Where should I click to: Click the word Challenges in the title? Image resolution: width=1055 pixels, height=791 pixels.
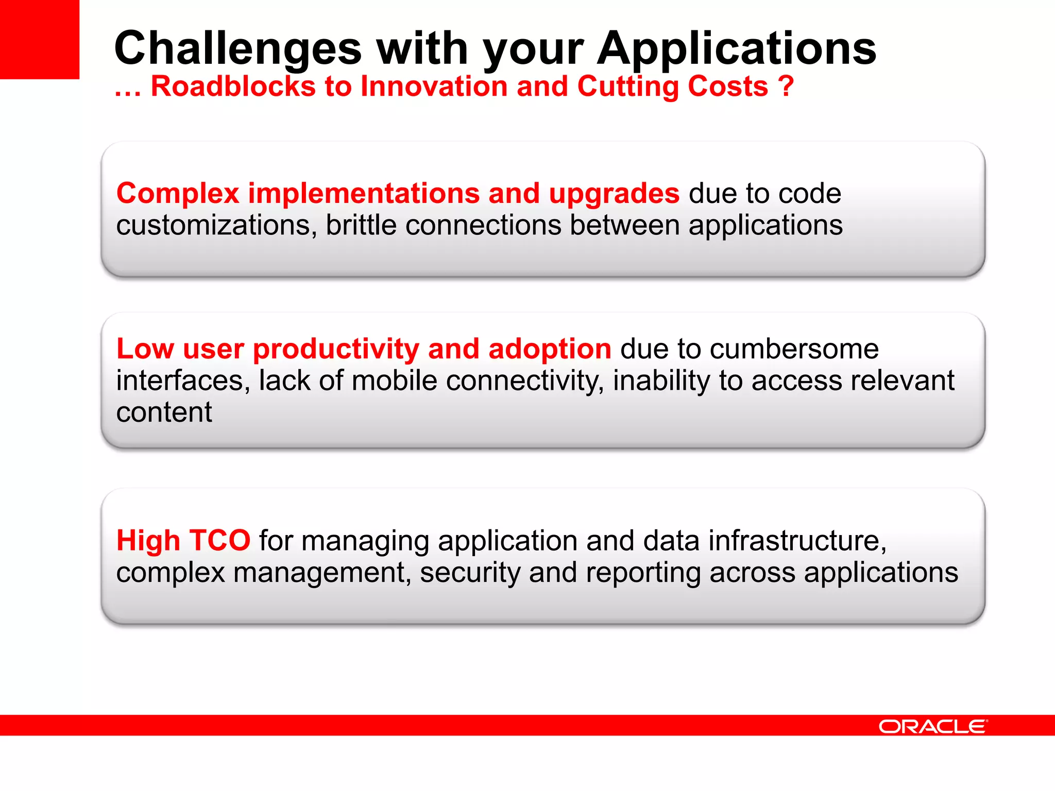238,49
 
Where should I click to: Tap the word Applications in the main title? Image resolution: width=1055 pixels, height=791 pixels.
737,49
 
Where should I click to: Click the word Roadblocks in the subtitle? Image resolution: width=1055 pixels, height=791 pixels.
233,86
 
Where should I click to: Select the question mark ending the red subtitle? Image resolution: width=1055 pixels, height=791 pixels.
786,86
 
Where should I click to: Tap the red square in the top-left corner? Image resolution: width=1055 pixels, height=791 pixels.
39,39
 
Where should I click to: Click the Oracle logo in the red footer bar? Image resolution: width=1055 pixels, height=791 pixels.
932,727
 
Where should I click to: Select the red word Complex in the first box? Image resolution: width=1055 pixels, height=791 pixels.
178,194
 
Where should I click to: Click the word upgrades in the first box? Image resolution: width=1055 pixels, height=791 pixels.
614,194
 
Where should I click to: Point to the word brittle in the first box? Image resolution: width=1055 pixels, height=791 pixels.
361,226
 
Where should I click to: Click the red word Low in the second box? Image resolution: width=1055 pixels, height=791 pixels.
145,349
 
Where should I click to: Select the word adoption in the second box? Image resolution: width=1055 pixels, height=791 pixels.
550,349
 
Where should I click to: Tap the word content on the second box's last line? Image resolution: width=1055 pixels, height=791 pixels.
164,412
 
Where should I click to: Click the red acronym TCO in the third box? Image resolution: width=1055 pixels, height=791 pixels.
219,541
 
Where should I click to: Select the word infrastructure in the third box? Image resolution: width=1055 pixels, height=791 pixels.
797,541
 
